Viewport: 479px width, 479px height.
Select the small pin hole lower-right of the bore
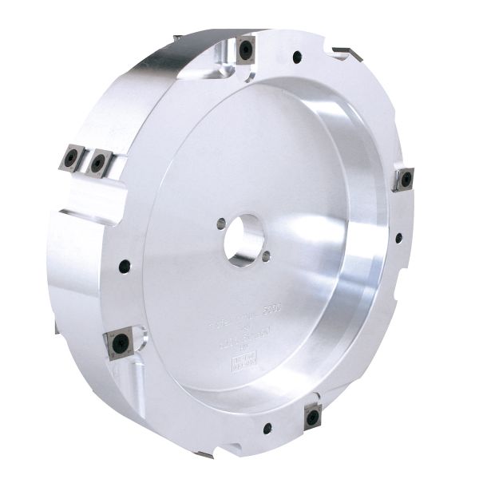(x=265, y=255)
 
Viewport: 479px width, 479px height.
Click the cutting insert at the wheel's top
(x=245, y=49)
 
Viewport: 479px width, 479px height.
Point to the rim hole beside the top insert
(x=297, y=57)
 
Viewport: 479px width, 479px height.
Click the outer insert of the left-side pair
(x=72, y=156)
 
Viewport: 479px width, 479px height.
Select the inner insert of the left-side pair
(x=98, y=162)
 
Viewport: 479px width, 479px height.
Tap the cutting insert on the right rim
(x=402, y=179)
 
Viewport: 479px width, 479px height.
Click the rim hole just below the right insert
(x=398, y=237)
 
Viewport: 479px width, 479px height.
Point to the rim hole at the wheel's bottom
(x=267, y=429)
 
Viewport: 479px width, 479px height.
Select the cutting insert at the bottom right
(x=312, y=416)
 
